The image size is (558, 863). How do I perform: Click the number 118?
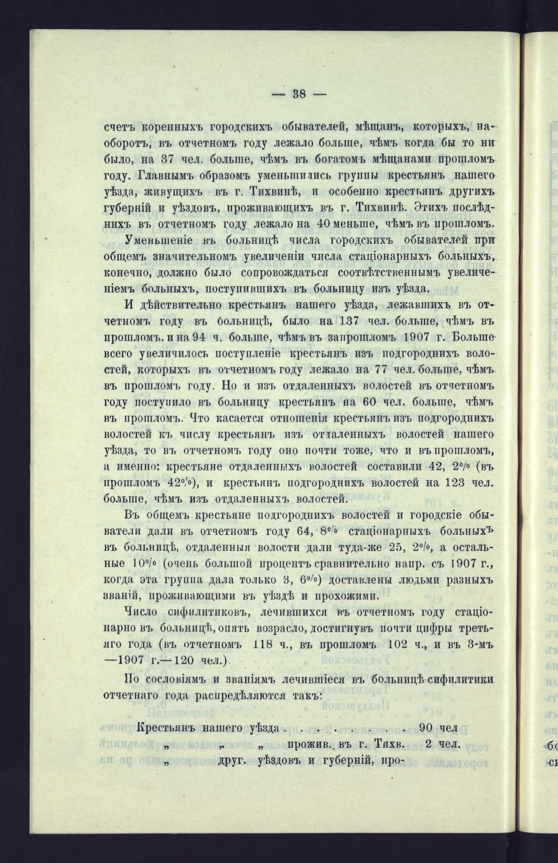[x=266, y=644]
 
